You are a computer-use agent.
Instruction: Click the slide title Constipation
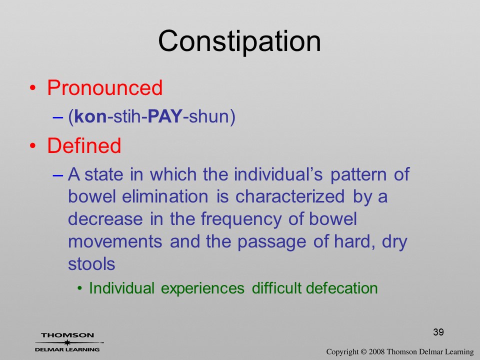click(239, 41)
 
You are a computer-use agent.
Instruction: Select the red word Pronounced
click(104, 88)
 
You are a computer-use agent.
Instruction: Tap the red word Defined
click(84, 145)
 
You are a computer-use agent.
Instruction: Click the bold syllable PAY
click(165, 116)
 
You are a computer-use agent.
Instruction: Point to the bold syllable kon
click(90, 117)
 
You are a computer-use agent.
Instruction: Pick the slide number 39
click(438, 332)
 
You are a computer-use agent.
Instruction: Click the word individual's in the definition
click(278, 174)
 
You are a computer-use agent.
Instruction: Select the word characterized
click(290, 196)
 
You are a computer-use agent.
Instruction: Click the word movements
click(115, 241)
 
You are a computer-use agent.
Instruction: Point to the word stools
click(91, 264)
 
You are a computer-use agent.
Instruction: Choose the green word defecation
click(341, 288)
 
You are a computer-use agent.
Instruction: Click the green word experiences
click(202, 288)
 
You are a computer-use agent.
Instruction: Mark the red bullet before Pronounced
click(33, 88)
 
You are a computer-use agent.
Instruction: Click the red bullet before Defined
click(33, 145)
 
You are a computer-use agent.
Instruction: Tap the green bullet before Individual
click(80, 288)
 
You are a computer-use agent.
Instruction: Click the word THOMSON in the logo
click(67, 335)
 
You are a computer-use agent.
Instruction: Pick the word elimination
click(165, 196)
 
